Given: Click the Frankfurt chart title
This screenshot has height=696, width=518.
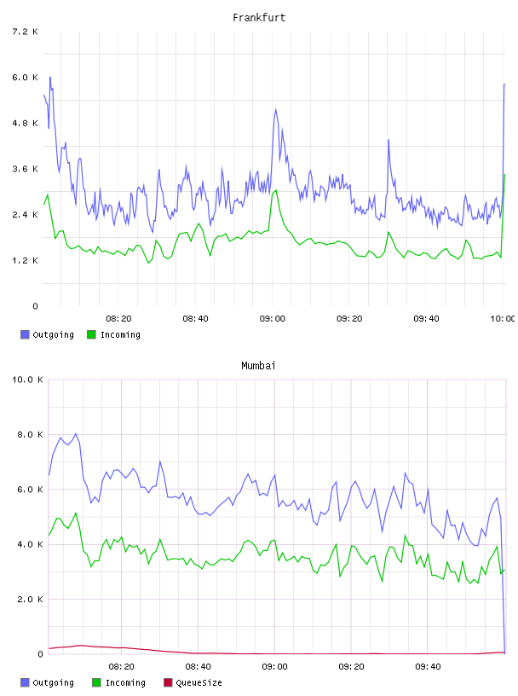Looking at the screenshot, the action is tap(259, 18).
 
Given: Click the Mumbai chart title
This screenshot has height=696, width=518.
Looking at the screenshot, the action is tap(258, 366).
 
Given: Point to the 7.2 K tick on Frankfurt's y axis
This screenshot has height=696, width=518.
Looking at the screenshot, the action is tap(25, 32).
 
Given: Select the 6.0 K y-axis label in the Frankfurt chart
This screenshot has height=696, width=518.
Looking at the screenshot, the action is tap(25, 78).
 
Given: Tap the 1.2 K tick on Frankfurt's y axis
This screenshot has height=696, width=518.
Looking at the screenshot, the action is tap(25, 260).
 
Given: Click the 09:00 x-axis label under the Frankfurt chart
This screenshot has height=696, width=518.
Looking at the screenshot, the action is tap(273, 318).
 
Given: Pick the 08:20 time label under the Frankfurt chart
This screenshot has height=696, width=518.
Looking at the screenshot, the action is tap(118, 318).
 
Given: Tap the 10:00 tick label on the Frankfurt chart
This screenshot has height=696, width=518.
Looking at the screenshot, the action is tap(503, 318).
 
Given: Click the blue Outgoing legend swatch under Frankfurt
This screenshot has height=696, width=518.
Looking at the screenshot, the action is tap(25, 334).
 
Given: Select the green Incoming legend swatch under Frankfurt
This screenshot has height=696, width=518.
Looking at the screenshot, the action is tap(91, 334).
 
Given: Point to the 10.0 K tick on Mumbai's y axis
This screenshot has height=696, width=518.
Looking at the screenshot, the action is tap(27, 380).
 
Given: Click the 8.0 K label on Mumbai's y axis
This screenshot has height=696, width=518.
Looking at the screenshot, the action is tap(30, 434).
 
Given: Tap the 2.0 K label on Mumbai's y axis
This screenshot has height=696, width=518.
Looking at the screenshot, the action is tap(30, 600).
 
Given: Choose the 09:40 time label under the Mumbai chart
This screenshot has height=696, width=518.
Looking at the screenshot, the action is tap(428, 666).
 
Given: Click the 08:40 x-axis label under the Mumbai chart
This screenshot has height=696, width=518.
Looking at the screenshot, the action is tap(198, 666).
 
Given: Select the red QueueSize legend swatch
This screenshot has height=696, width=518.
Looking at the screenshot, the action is tap(168, 682).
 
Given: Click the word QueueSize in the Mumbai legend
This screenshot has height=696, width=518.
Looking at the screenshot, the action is tap(199, 682).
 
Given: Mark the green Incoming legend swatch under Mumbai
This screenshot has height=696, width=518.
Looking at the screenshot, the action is tap(96, 682).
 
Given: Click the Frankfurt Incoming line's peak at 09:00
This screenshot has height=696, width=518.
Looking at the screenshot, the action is tap(276, 190).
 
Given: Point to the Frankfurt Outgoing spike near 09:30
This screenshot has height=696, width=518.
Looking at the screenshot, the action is tap(388, 140).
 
